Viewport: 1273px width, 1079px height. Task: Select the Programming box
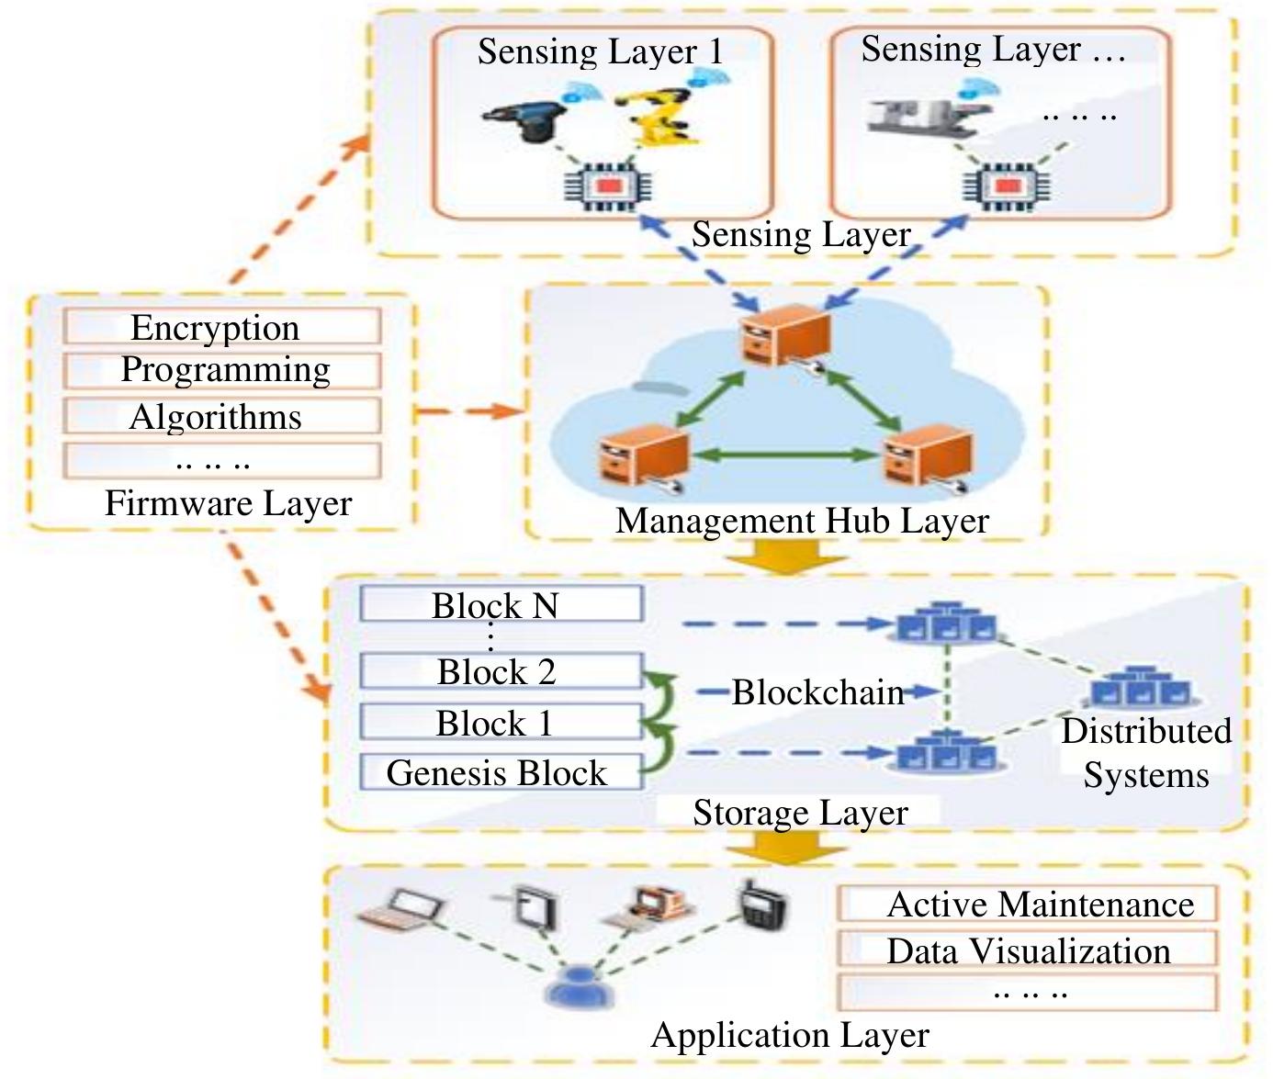pyautogui.click(x=221, y=370)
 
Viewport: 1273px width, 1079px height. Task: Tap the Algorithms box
pyautogui.click(x=221, y=417)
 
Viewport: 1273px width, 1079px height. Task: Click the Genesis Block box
pyautogui.click(x=501, y=772)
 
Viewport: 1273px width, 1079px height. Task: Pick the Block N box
pyautogui.click(x=501, y=605)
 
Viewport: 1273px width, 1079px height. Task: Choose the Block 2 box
pyautogui.click(x=501, y=671)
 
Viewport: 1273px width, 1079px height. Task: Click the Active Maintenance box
pyautogui.click(x=1027, y=905)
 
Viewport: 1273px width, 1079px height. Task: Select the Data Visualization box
pyautogui.click(x=1027, y=950)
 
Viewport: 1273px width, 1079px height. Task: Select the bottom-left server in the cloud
pyautogui.click(x=643, y=454)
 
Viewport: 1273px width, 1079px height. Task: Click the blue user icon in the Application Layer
pyautogui.click(x=576, y=988)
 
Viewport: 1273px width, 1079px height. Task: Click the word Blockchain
pyautogui.click(x=817, y=692)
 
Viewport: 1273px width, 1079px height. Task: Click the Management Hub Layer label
pyautogui.click(x=801, y=521)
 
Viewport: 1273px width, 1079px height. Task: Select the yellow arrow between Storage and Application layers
pyautogui.click(x=786, y=847)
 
